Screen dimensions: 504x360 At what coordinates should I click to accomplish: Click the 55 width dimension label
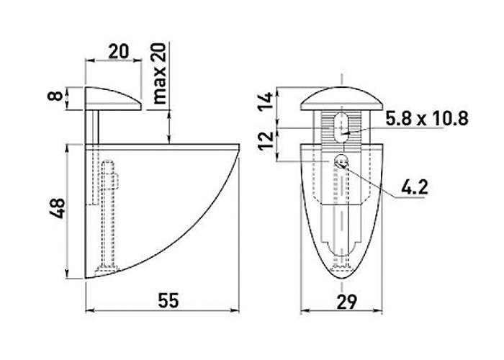[x=168, y=301]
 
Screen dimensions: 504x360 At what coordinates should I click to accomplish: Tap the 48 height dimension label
[x=58, y=209]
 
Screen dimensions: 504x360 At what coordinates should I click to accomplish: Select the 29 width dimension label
[x=347, y=302]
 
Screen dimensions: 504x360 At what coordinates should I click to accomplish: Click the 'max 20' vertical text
[x=160, y=73]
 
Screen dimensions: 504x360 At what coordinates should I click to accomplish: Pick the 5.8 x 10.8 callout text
[x=427, y=119]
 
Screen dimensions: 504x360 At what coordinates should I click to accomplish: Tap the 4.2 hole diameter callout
[x=415, y=187]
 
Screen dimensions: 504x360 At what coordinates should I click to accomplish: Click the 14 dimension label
[x=266, y=102]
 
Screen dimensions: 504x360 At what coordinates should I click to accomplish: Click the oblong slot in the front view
[x=341, y=127]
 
